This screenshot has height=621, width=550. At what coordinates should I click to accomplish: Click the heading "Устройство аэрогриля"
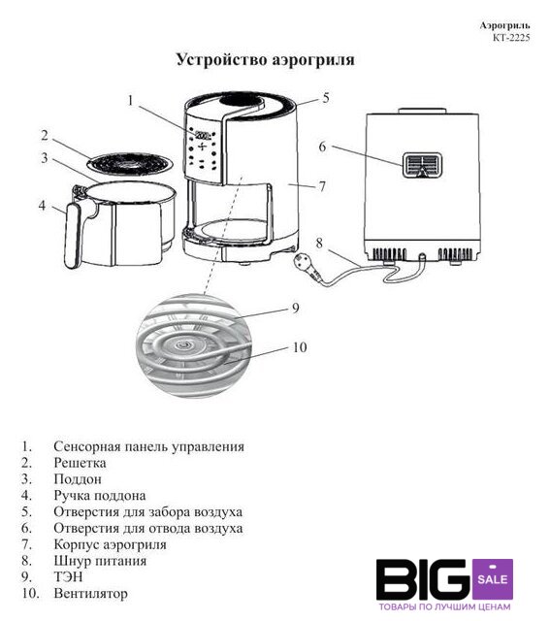pyautogui.click(x=265, y=60)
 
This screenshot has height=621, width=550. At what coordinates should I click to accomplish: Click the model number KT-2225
pyautogui.click(x=511, y=38)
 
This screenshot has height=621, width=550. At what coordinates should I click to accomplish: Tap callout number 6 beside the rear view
pyautogui.click(x=323, y=147)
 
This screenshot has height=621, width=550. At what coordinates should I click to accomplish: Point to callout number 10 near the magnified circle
pyautogui.click(x=300, y=347)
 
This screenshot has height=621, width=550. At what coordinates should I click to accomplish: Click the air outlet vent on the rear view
pyautogui.click(x=422, y=165)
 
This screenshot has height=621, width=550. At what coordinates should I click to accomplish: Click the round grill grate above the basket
pyautogui.click(x=130, y=163)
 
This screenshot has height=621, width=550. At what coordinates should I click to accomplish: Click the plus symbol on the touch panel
pyautogui.click(x=203, y=147)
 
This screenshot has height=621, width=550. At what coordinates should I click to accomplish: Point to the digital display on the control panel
pyautogui.click(x=203, y=134)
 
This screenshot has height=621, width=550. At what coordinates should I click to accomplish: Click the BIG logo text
pyautogui.click(x=423, y=579)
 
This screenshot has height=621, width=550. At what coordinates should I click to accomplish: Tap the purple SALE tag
pyautogui.click(x=493, y=579)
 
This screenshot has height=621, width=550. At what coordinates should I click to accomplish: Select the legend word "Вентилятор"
pyautogui.click(x=90, y=593)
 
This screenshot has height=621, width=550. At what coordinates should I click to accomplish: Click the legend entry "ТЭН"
pyautogui.click(x=68, y=576)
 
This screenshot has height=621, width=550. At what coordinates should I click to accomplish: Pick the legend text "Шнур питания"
pyautogui.click(x=100, y=561)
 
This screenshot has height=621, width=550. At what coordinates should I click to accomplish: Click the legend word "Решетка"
pyautogui.click(x=80, y=463)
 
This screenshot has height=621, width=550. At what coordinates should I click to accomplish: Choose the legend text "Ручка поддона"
pyautogui.click(x=100, y=496)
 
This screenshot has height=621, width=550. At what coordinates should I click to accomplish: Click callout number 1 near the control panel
pyautogui.click(x=131, y=100)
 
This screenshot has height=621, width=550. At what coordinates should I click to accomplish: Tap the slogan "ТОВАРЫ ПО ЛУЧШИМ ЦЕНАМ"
pyautogui.click(x=444, y=607)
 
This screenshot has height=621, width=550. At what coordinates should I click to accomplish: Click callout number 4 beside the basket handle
pyautogui.click(x=42, y=206)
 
